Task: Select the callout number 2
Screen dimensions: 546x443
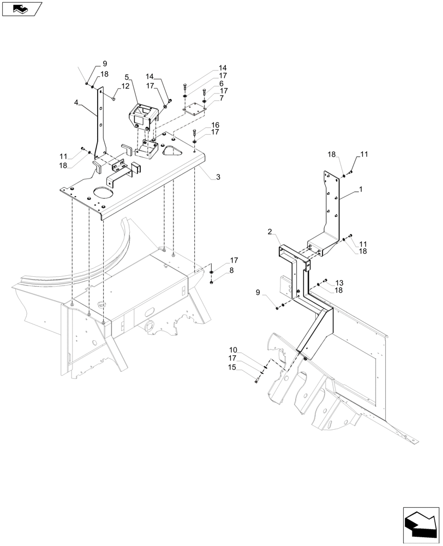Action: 270,232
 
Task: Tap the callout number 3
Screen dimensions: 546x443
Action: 218,177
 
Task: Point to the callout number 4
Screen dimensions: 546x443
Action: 77,102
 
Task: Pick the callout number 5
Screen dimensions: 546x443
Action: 127,77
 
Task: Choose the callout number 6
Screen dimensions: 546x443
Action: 221,84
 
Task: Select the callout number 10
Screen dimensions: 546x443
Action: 233,349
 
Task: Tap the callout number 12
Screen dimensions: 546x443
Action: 125,86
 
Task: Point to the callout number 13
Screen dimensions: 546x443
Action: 339,283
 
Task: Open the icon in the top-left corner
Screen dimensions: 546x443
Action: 22,9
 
